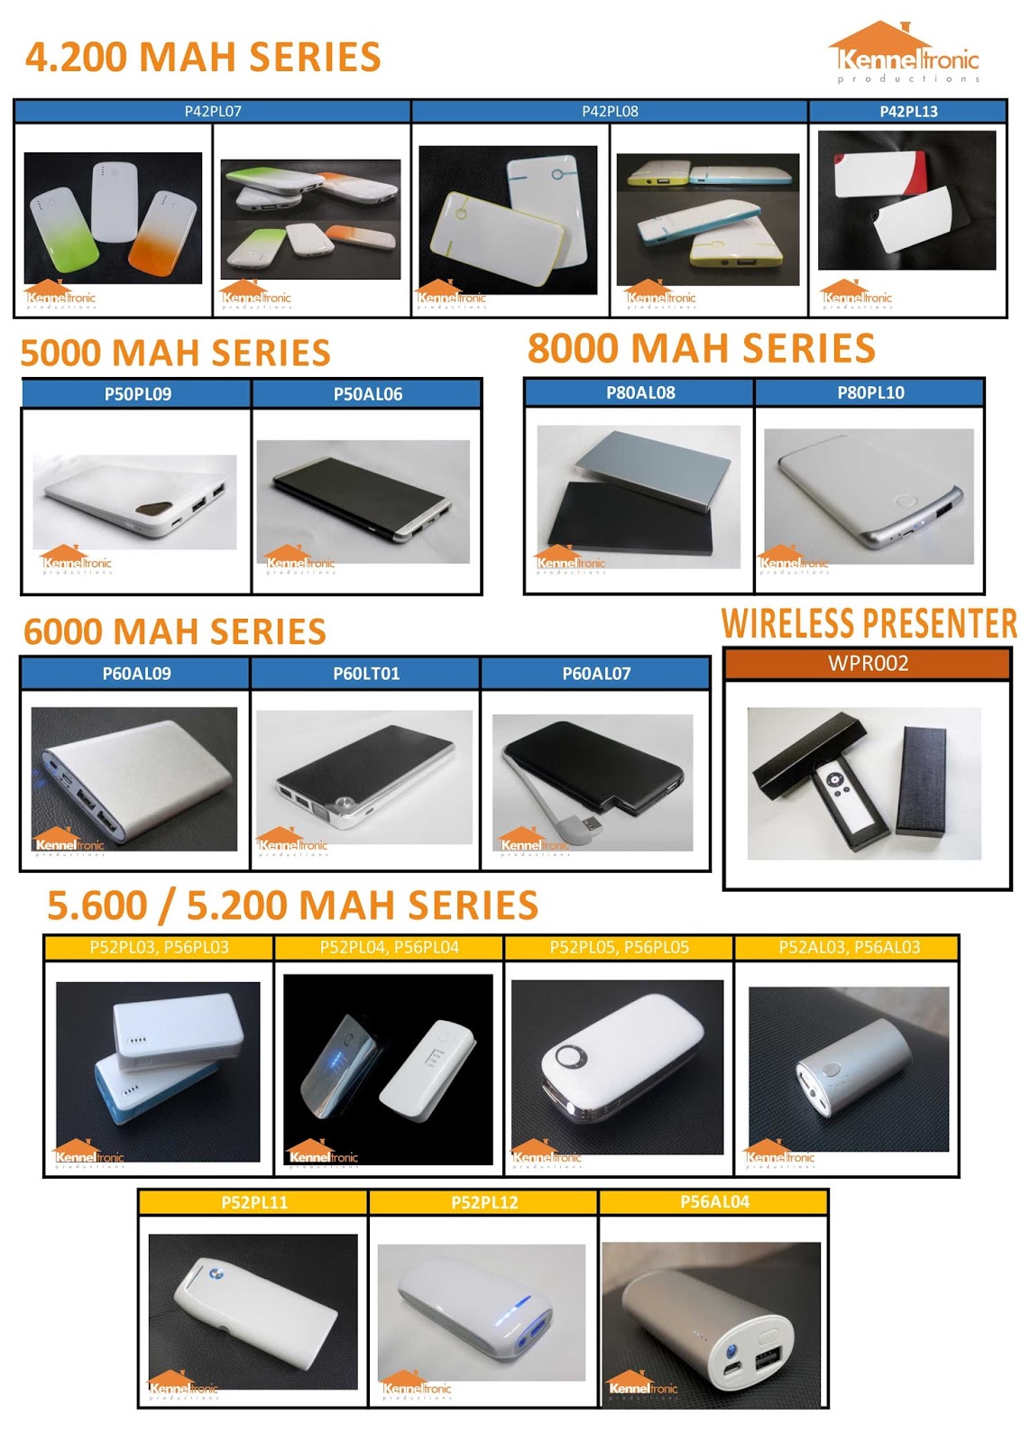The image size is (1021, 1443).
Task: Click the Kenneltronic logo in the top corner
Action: coord(904,54)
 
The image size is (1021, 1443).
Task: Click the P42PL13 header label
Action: coord(907,111)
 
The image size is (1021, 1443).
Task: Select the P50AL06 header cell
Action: coord(367,394)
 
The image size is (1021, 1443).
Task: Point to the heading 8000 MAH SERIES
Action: coord(701,349)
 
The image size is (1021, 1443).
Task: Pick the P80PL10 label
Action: coord(869,392)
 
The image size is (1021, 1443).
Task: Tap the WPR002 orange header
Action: coord(868,664)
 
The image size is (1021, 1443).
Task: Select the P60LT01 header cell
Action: coord(365,674)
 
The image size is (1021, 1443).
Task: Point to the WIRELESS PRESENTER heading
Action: coord(869,624)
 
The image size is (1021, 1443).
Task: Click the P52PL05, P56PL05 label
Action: coord(619,947)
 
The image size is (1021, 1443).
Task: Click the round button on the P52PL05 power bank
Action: coord(570,1055)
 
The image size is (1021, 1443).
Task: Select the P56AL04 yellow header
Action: coord(713,1201)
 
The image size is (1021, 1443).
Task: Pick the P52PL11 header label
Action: coord(253,1202)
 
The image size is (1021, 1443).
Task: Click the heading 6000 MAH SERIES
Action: coord(175,631)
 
